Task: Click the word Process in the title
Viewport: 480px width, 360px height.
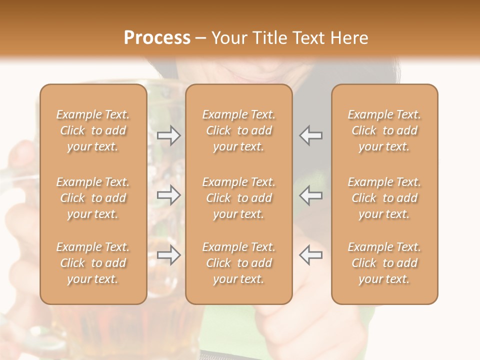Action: pos(157,38)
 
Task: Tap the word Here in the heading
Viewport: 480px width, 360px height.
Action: pos(349,38)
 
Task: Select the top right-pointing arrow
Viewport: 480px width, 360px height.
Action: pos(168,135)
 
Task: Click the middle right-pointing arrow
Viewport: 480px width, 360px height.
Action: pos(168,195)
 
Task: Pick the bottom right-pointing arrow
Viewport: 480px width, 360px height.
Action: pos(168,255)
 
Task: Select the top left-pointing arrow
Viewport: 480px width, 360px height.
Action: pos(311,135)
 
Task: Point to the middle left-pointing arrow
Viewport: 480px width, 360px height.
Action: pos(311,195)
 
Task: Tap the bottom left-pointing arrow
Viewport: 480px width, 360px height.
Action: pos(311,255)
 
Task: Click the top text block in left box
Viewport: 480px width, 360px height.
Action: pos(93,130)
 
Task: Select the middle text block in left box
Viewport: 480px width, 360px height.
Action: pos(93,198)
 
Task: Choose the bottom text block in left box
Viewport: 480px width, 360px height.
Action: pos(93,263)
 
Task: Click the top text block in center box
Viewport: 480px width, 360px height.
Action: pos(239,130)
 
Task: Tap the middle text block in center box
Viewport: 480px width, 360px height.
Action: pos(239,198)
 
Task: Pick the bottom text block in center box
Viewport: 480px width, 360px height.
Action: pos(239,263)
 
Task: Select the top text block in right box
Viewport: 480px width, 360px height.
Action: pos(384,130)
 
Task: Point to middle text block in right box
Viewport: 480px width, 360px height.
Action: pos(384,198)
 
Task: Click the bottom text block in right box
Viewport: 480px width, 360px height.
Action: pos(384,263)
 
